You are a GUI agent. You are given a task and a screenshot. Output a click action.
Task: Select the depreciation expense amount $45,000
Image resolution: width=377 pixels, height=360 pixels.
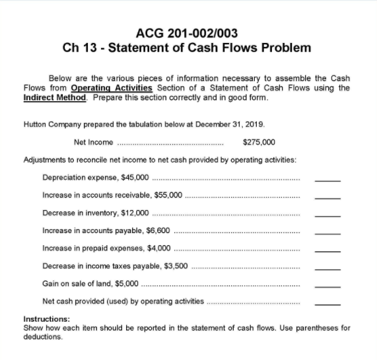135,177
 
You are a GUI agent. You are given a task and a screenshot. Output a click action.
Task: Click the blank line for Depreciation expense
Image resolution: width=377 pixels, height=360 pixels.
327,180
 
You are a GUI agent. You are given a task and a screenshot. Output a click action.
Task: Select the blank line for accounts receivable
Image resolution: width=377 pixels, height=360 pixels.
327,198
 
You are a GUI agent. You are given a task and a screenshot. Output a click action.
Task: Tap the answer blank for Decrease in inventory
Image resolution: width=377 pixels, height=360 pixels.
327,215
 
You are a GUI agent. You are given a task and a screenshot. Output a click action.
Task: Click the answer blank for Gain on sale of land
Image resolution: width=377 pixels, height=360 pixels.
327,287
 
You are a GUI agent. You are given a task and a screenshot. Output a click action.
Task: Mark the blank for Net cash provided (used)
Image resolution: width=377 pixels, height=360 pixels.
327,305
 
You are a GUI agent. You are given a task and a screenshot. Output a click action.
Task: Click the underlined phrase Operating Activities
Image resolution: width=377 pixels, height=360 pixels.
112,88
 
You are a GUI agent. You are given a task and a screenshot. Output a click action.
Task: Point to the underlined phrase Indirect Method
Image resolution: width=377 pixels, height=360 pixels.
50,97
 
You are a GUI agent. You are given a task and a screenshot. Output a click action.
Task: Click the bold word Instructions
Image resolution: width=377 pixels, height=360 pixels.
46,319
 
